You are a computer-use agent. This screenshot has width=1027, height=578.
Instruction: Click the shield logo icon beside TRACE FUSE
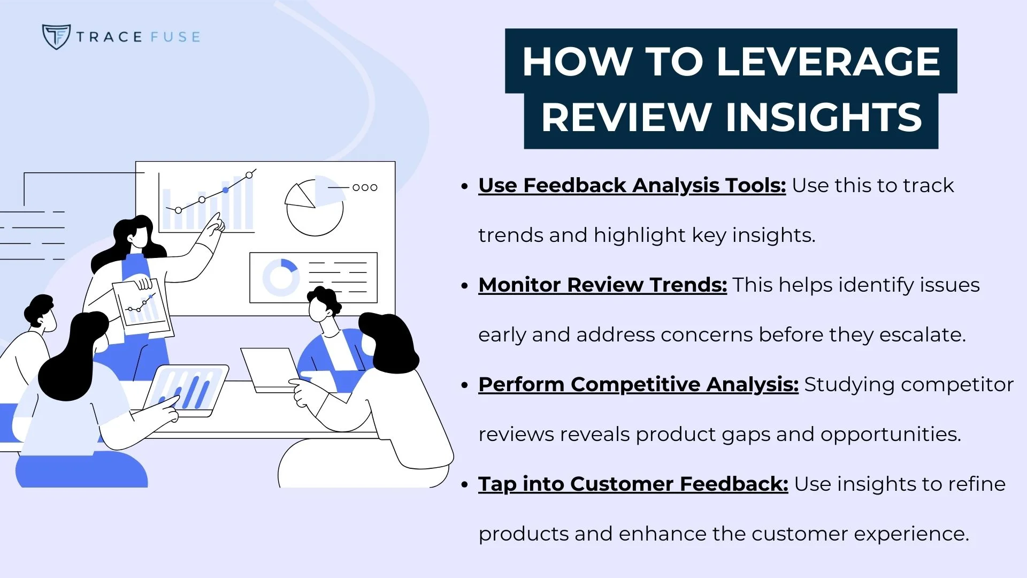(x=56, y=36)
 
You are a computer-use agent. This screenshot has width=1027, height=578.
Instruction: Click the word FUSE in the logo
(x=175, y=37)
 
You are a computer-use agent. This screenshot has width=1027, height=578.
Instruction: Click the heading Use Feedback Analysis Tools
(x=632, y=185)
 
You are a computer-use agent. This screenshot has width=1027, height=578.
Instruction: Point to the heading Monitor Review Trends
(x=602, y=285)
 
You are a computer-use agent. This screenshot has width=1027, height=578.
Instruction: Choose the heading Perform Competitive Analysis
(x=638, y=384)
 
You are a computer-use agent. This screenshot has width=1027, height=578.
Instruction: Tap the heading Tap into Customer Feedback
(x=633, y=484)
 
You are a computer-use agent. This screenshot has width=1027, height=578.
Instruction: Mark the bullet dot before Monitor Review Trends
(x=464, y=286)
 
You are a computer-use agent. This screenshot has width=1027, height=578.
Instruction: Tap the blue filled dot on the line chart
(x=226, y=190)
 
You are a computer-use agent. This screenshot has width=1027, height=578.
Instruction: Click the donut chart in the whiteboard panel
(x=280, y=277)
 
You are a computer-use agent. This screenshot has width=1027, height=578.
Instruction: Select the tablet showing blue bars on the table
(x=186, y=390)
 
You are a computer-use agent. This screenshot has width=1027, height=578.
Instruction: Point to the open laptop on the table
(x=270, y=369)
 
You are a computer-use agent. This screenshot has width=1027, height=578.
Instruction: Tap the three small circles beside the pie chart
(x=365, y=187)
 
